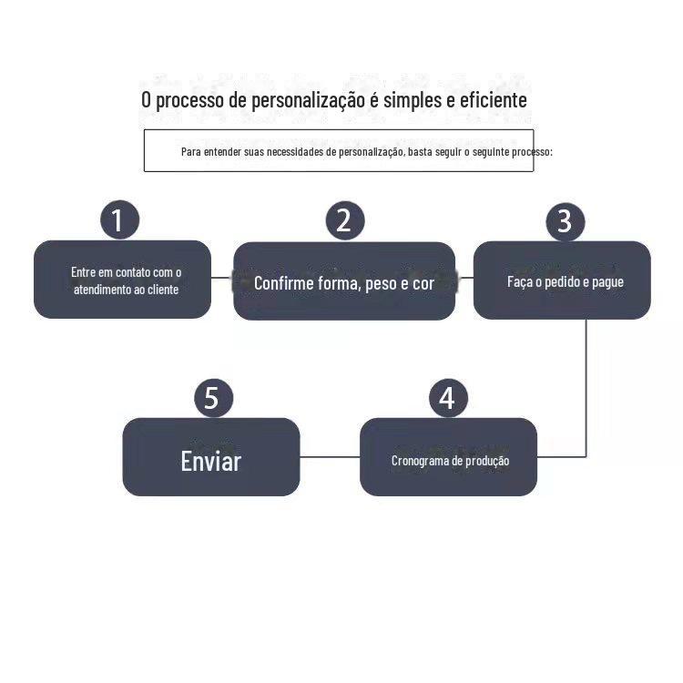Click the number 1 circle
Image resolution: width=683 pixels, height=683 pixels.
[119, 220]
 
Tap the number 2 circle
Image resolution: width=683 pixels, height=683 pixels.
[344, 220]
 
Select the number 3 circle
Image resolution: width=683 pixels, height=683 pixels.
[565, 221]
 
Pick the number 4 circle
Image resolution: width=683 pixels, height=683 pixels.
[447, 398]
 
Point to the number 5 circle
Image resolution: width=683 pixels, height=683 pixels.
[213, 398]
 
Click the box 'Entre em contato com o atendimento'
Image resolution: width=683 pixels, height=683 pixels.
[122, 280]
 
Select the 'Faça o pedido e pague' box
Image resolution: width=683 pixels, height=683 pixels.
[562, 280]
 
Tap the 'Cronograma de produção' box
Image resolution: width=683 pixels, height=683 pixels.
[448, 457]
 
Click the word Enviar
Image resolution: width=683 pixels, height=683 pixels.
[211, 461]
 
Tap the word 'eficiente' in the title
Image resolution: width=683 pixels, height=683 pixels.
[494, 99]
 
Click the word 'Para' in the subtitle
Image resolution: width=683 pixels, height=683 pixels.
[190, 151]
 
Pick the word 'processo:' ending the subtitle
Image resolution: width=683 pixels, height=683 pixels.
[532, 151]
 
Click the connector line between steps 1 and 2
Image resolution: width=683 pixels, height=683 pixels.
[222, 278]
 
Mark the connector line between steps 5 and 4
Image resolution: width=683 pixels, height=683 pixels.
[330, 456]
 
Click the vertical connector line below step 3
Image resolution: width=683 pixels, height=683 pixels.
[586, 382]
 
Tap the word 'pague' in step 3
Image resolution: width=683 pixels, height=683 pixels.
[607, 282]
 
